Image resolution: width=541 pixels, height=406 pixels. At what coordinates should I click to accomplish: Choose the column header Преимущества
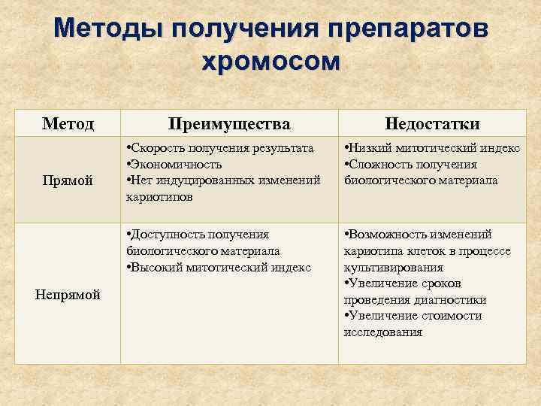[229, 123]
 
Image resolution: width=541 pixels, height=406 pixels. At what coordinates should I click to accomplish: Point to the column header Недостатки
[432, 123]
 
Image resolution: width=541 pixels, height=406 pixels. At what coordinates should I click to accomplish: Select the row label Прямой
[68, 180]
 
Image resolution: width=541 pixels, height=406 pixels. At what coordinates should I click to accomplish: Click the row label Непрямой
[68, 295]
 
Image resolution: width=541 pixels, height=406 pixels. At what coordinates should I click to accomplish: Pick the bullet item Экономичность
[177, 164]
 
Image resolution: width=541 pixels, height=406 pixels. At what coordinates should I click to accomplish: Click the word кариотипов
[159, 196]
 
